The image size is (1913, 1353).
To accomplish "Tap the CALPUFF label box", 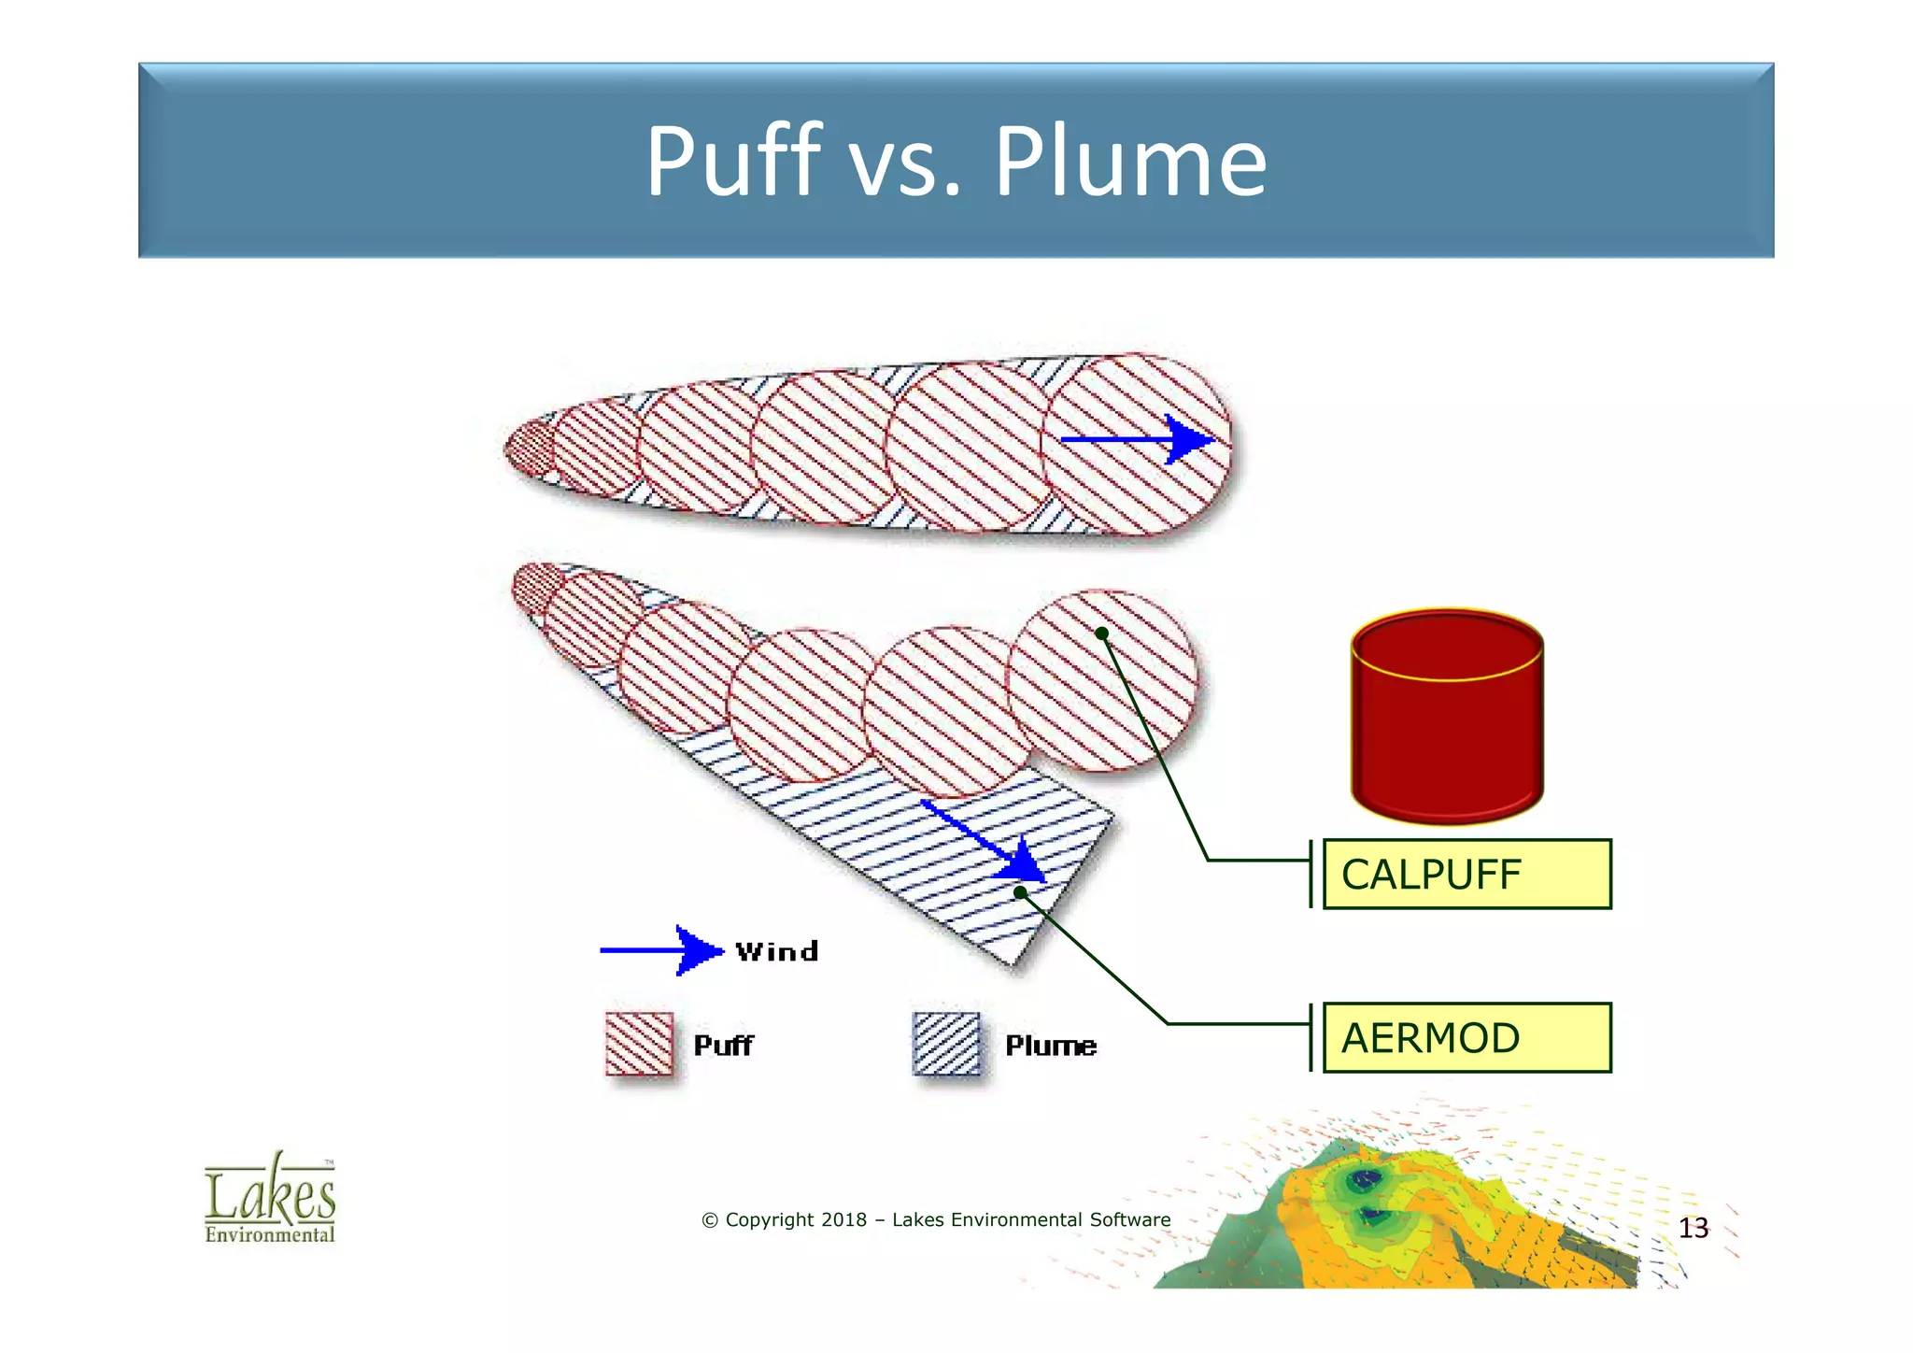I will pos(1467,874).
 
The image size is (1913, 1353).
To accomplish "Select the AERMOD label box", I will pos(1467,1037).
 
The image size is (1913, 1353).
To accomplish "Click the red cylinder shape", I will pos(1447,718).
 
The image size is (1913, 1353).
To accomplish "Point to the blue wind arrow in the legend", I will pos(661,950).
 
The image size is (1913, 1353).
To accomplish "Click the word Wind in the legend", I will pos(776,951).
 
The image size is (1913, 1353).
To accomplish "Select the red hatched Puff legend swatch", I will pos(639,1044).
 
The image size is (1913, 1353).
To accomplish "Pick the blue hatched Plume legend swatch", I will pos(946,1044).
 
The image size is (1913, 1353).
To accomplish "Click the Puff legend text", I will pos(723,1045).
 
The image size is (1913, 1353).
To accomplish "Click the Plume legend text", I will pos(1051,1045).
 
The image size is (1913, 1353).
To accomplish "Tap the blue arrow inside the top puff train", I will pos(1137,439).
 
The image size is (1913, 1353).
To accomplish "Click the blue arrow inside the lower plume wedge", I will pos(985,841).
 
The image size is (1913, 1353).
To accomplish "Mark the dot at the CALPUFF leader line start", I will pos(1102,634).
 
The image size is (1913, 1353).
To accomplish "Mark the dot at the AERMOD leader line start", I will pos(1021,892).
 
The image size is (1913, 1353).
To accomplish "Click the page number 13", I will pos(1693,1228).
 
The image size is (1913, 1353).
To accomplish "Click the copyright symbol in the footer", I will pos(710,1220).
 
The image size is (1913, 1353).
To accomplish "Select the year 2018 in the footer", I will pos(843,1219).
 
